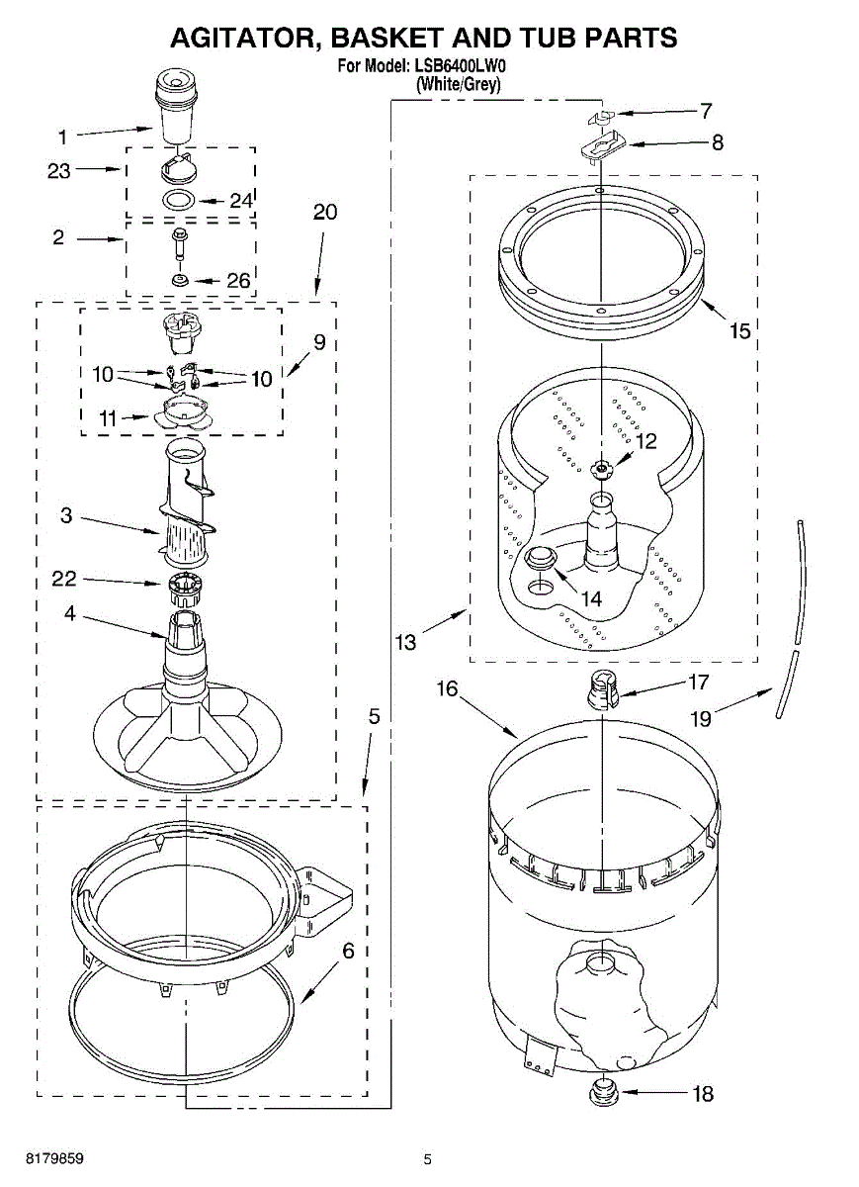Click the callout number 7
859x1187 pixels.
[x=706, y=111]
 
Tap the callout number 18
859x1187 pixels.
[x=702, y=1094]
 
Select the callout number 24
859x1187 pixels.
[x=241, y=200]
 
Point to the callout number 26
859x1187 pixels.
[x=238, y=281]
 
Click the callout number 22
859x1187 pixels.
[x=64, y=580]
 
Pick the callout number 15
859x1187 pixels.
[x=740, y=331]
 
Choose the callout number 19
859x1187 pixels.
[x=700, y=719]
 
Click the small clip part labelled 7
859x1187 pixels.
[x=600, y=118]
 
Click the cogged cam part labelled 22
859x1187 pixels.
[x=185, y=588]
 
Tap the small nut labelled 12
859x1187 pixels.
[x=600, y=468]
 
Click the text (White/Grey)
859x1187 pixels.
[x=459, y=84]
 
